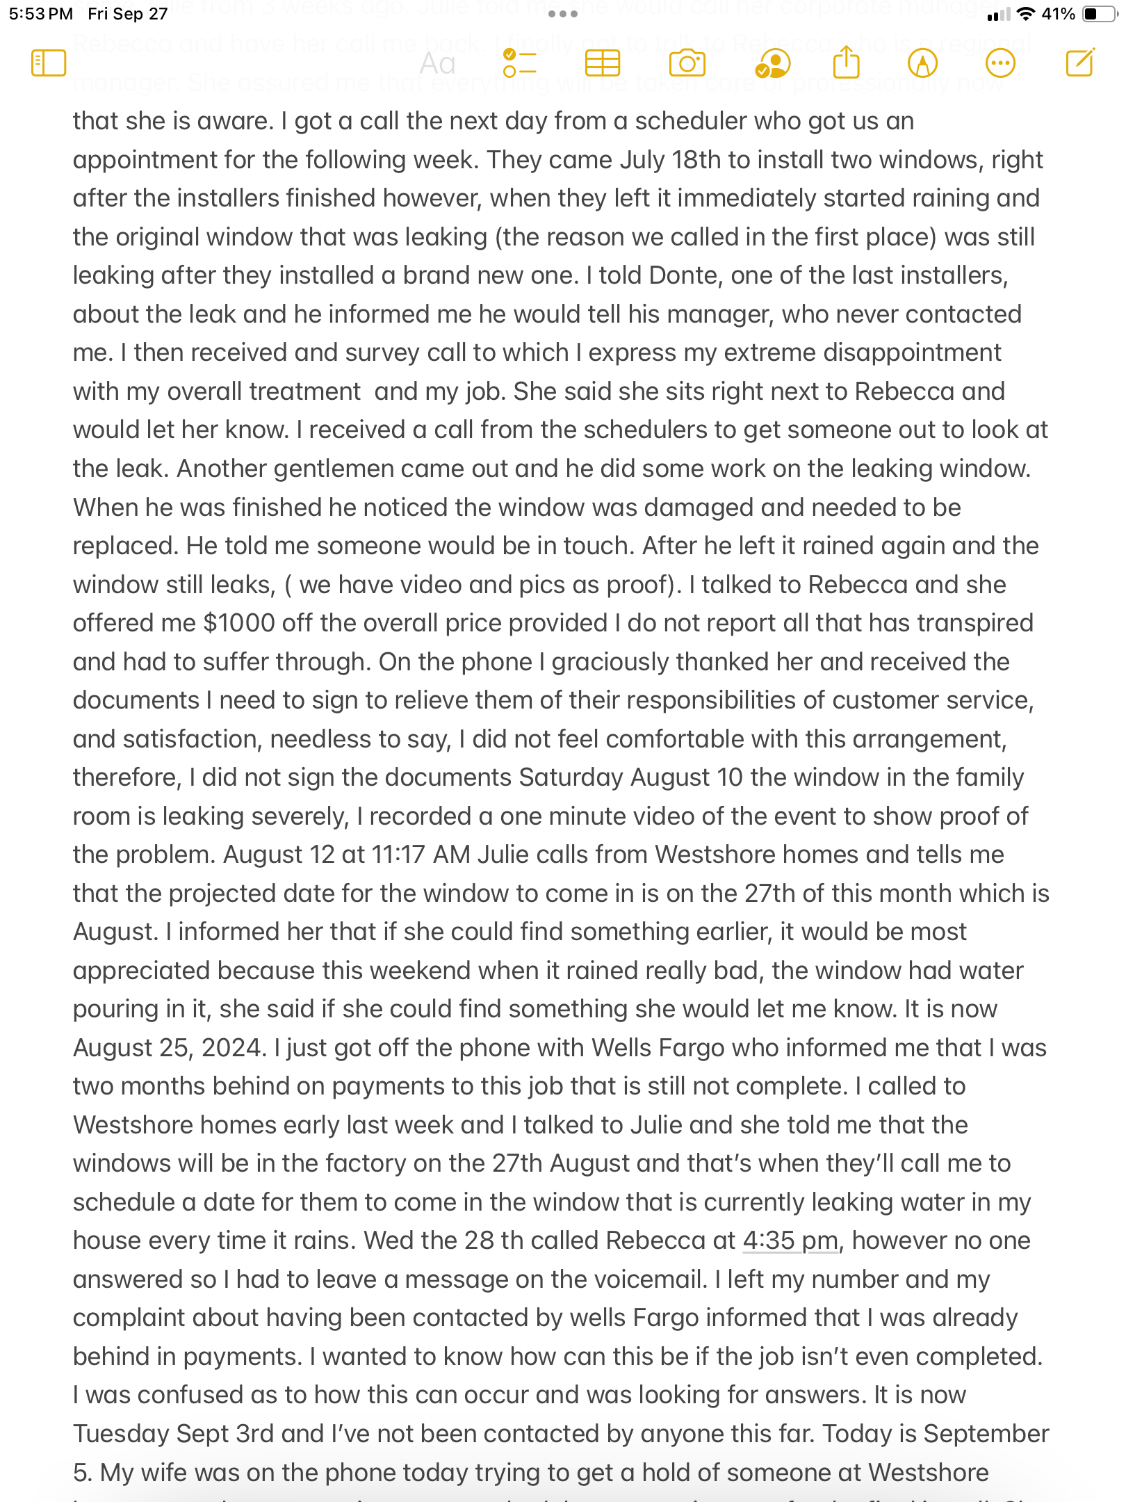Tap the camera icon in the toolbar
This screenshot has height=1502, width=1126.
pos(687,64)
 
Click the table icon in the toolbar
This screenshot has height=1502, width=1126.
pos(602,64)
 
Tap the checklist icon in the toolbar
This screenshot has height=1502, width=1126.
pos(519,64)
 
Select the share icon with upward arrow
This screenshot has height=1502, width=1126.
pos(846,63)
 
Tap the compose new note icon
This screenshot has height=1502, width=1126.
pos(1080,63)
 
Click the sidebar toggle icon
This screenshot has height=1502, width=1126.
pos(49,63)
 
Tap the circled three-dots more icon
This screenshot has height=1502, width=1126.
pos(1000,63)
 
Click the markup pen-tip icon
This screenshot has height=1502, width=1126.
pos(922,63)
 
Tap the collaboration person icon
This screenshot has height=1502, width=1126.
pos(772,64)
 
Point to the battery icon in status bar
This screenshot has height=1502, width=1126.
pos(1099,14)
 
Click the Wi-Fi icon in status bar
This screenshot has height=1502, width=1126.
pos(1025,14)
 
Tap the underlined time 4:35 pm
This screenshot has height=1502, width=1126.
pos(790,1241)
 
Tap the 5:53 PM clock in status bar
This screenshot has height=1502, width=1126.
pos(41,14)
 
